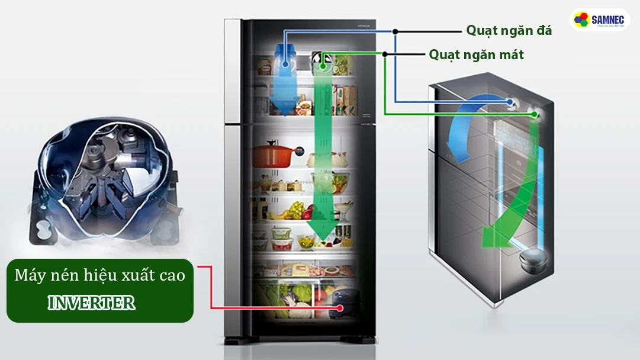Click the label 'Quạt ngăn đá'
pyautogui.click(x=509, y=30)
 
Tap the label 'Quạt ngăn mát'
pyautogui.click(x=476, y=54)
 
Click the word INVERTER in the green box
pyautogui.click(x=92, y=303)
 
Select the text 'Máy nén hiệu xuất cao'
pyautogui.click(x=99, y=275)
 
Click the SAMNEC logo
pyautogui.click(x=599, y=20)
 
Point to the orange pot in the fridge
pyautogui.click(x=272, y=155)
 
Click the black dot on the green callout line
pyautogui.click(x=385, y=54)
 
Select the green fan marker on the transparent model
pyautogui.click(x=535, y=114)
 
